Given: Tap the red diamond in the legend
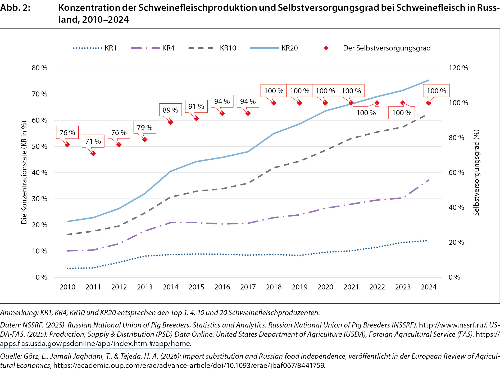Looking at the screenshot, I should click(x=326, y=48).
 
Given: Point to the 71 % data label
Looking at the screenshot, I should click(x=93, y=141).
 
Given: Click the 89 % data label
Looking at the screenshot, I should click(x=170, y=110).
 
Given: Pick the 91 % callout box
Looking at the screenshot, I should click(x=196, y=106).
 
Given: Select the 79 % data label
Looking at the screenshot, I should click(x=145, y=127).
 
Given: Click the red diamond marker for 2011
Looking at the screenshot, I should click(x=93, y=153).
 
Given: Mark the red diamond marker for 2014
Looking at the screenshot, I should click(x=171, y=122).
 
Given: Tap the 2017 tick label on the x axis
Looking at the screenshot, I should click(x=248, y=287).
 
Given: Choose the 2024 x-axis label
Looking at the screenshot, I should click(x=429, y=287).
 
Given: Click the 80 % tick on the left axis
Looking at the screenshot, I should click(x=39, y=68).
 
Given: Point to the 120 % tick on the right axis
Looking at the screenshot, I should click(x=458, y=68).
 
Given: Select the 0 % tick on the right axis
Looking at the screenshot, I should click(x=454, y=277).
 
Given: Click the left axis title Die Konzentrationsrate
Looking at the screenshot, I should click(x=24, y=172).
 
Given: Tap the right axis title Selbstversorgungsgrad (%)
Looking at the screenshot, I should click(x=476, y=172).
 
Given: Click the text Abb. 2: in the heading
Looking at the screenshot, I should click(x=15, y=8).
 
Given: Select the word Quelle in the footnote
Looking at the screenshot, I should click(x=11, y=356).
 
